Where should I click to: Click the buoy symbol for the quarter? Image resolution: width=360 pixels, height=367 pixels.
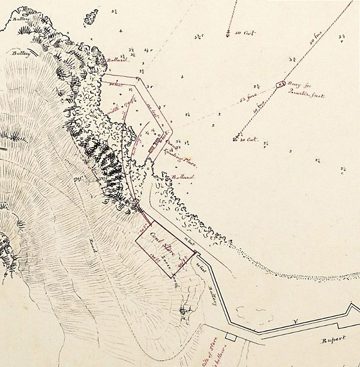coord(280,85)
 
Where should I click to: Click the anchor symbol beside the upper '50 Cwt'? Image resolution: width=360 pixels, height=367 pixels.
coord(228,33)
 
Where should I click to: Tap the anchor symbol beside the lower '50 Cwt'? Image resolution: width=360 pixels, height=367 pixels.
coord(233,139)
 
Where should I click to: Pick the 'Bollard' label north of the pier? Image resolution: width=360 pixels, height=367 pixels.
coord(117,61)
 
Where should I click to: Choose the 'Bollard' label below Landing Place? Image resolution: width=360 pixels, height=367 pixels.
coord(182,178)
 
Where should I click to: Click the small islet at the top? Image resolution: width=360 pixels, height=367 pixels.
coord(91,15)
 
